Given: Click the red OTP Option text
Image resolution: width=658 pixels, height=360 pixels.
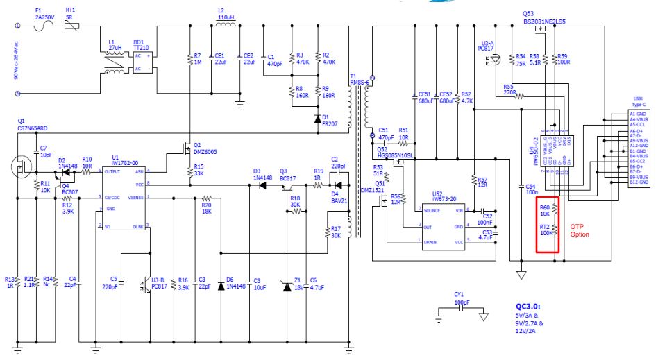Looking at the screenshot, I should coord(580,230).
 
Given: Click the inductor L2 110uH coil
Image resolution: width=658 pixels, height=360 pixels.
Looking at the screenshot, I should coord(226,26).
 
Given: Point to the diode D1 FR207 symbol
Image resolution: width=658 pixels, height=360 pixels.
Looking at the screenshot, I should coord(317,119).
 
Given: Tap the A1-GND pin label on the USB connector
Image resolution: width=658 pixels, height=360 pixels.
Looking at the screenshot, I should coord(637,113).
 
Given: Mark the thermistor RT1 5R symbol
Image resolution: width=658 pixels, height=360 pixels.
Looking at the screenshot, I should coord(71,25).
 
